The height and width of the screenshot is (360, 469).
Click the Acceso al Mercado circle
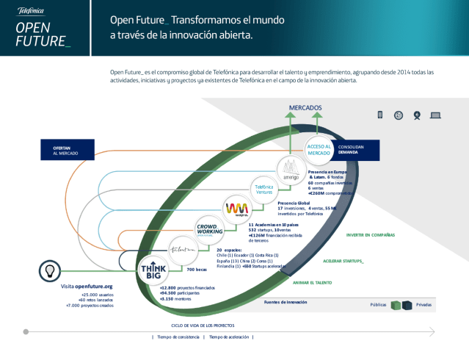pyautogui.click(x=319, y=148)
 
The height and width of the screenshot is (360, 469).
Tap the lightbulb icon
pyautogui.click(x=48, y=270)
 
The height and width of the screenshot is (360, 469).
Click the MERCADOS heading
pyautogui.click(x=305, y=108)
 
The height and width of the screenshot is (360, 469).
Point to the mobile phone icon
pyautogui.click(x=380, y=115)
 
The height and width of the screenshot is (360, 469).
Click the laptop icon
pyautogui.click(x=435, y=115)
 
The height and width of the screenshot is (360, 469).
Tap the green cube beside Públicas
pyautogui.click(x=396, y=305)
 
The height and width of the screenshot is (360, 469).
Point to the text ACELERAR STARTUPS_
pyautogui.click(x=343, y=261)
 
